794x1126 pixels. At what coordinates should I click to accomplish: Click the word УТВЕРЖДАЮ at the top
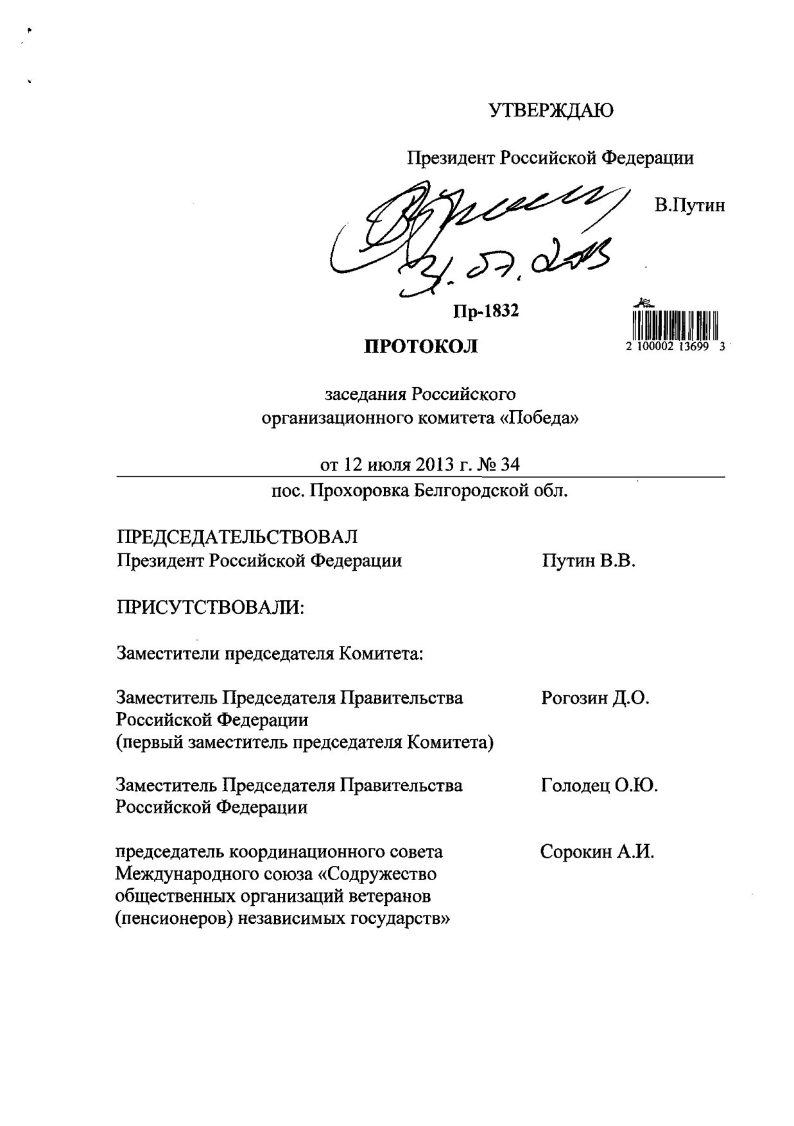coord(551,111)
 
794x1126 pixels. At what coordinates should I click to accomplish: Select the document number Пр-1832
coord(486,312)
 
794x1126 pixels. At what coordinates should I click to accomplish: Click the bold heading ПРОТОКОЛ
coord(421,347)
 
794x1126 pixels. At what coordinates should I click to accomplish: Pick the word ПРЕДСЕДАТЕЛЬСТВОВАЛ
coord(237,537)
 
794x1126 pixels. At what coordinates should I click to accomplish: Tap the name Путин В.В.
coord(588,561)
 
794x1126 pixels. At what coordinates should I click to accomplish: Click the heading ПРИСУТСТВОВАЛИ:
coord(209,606)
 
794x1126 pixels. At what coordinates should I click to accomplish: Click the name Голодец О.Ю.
coord(600,785)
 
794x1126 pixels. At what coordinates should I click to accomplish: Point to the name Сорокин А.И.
coord(597,853)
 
